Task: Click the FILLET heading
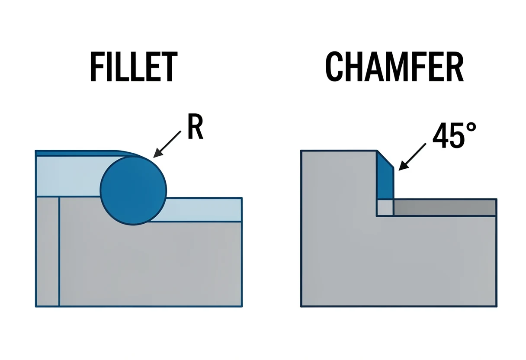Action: tap(134, 67)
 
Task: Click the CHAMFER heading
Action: tap(394, 67)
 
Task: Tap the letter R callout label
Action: tap(195, 127)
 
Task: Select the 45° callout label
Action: tap(454, 135)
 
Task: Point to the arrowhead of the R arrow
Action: tap(157, 153)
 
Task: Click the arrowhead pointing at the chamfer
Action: tap(402, 166)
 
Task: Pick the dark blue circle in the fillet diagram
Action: tap(133, 191)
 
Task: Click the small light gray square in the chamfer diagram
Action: tap(385, 208)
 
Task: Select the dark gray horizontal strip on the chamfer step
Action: tap(445, 208)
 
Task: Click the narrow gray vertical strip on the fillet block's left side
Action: tap(48, 251)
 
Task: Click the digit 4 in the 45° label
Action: tap(441, 135)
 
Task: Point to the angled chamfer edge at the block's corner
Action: tap(385, 159)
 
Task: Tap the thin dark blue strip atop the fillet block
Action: tap(80, 153)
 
